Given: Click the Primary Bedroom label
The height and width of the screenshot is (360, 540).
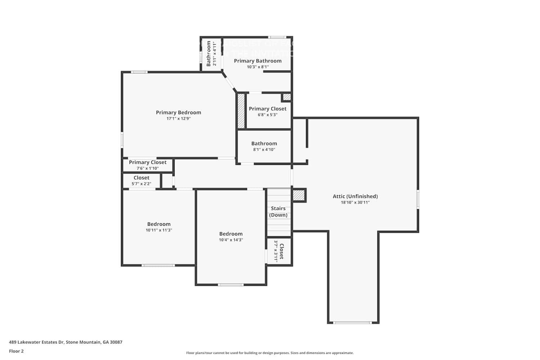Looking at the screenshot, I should tap(178, 112).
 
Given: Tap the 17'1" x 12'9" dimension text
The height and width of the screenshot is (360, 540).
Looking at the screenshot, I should tap(178, 118).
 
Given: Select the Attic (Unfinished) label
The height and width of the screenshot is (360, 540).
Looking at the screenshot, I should tap(355, 196).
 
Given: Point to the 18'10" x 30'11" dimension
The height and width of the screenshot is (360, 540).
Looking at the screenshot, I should tap(355, 202).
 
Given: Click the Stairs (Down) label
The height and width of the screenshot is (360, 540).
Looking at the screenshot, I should tap(278, 212).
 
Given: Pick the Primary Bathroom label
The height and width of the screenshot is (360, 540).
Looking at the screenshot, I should tap(257, 61).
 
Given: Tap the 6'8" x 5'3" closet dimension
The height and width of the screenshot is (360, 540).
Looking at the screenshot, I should tap(267, 115).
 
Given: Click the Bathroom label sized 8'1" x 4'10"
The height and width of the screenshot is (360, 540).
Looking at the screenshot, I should tap(264, 143).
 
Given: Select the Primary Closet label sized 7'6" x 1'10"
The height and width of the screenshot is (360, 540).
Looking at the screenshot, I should tap(148, 162).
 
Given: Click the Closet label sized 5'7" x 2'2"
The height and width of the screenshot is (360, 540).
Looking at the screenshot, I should tap(141, 177).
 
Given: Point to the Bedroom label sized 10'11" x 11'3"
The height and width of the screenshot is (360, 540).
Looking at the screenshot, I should tap(159, 224).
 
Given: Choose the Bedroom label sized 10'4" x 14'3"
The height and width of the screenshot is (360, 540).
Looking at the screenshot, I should tap(231, 234).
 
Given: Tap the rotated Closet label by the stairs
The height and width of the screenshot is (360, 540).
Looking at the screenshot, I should tap(282, 251).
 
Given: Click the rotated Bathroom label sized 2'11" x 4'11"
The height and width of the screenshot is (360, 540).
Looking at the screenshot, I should tap(208, 54).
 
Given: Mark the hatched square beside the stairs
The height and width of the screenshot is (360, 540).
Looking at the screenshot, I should tap(298, 195).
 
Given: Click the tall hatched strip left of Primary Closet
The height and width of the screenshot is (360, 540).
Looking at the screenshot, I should tap(241, 111).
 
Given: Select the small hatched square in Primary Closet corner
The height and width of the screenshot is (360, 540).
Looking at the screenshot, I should tap(287, 97).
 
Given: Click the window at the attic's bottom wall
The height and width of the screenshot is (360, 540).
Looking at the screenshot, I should tap(352, 323).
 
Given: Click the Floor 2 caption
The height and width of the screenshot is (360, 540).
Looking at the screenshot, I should tap(16, 351).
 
